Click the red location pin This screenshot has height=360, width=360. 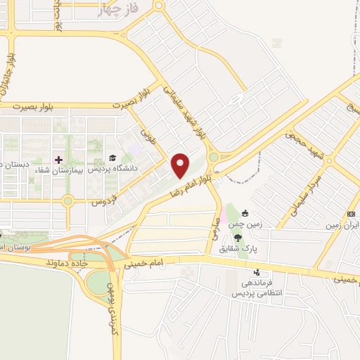click(x=181, y=165)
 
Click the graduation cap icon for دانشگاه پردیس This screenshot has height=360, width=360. click(x=112, y=158)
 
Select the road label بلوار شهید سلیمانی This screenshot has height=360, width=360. click(x=184, y=112)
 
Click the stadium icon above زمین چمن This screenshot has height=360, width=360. click(x=244, y=213)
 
